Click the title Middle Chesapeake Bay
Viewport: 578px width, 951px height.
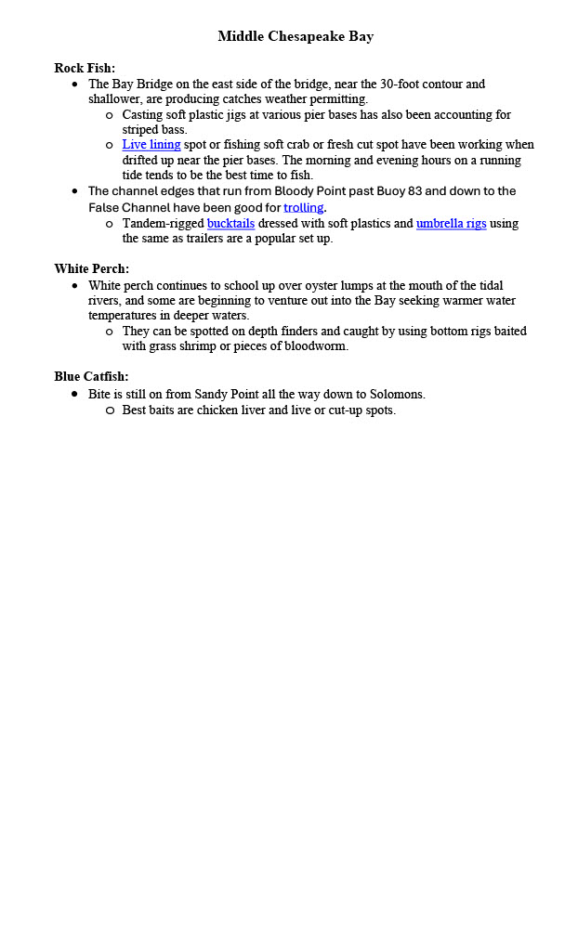[296, 36]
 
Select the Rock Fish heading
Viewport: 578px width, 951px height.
[85, 68]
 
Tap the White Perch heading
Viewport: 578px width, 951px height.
[91, 269]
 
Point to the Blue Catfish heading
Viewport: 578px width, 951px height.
[91, 377]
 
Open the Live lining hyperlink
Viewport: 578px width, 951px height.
[151, 145]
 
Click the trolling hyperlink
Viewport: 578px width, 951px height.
[304, 207]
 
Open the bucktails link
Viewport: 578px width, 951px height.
[230, 224]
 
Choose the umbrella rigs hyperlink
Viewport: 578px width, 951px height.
[451, 224]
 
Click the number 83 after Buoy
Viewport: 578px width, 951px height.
[464, 191]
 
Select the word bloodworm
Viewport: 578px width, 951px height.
[317, 346]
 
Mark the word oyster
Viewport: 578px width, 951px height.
[349, 286]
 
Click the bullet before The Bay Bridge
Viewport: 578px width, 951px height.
[75, 85]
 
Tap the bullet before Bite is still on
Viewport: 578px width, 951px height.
[75, 395]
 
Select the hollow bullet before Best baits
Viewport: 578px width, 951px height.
[109, 410]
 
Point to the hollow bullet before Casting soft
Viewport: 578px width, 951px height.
[109, 115]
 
